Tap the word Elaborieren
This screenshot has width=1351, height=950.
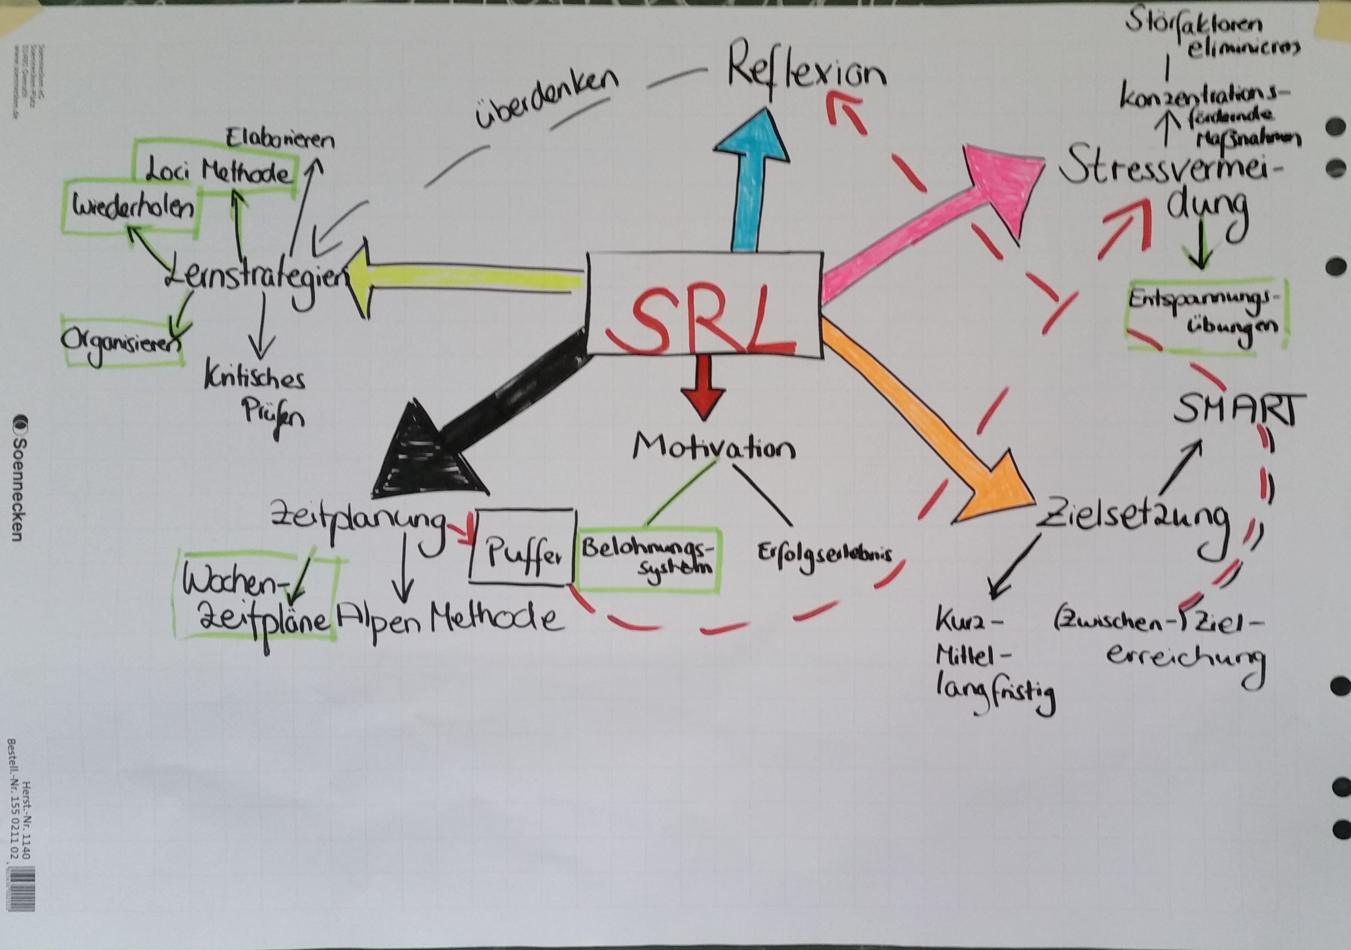[280, 139]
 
